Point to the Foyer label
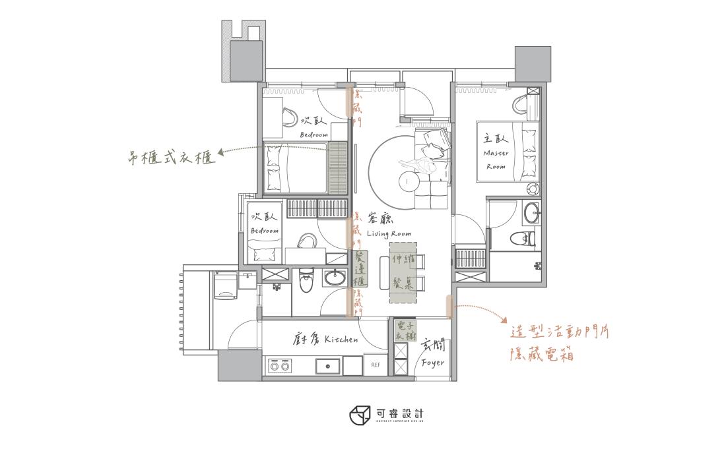coord(432,363)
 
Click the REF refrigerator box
coord(376,365)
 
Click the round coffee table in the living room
coord(411,179)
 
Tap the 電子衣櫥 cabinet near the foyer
coord(403,331)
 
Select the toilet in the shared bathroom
coord(305,280)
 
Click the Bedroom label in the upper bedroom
coord(313,135)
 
